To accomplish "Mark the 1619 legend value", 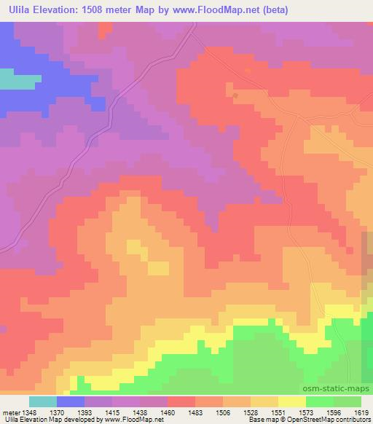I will point(359,412).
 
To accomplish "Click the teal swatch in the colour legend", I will point(42,401).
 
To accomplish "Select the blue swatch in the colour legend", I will point(70,401).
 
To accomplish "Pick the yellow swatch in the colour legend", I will point(292,401).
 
